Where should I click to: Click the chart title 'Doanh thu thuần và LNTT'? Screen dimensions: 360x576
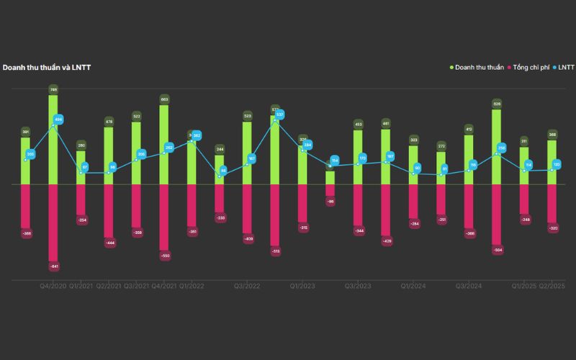click(x=47, y=68)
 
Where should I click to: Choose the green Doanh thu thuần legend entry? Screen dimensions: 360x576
click(x=480, y=68)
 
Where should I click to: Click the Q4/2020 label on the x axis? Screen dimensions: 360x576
click(x=53, y=287)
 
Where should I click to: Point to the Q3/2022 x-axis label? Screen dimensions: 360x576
click(x=247, y=287)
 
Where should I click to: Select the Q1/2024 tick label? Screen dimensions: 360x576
click(x=413, y=287)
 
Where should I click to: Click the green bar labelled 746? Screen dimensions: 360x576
click(x=53, y=140)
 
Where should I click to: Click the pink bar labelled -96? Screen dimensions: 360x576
click(x=330, y=190)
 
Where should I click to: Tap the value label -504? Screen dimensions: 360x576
click(x=497, y=251)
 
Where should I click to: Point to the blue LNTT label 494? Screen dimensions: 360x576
click(x=59, y=120)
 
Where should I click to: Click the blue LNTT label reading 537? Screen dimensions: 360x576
click(x=280, y=114)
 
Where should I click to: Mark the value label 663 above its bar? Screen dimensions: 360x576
click(x=164, y=99)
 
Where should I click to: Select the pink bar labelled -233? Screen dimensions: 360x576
click(x=220, y=198)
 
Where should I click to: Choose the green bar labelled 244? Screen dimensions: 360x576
click(x=220, y=171)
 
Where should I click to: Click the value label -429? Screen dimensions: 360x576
click(x=386, y=241)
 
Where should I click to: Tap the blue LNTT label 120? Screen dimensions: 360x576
click(x=557, y=165)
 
